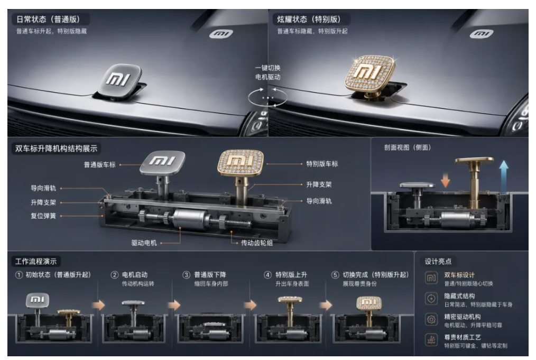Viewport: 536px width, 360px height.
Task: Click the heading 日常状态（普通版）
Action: pyautogui.click(x=48, y=19)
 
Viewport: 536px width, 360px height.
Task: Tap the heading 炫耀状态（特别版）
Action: pyautogui.click(x=309, y=19)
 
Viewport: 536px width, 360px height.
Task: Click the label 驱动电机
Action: pyautogui.click(x=144, y=243)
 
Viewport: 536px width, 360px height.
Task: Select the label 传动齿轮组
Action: pyautogui.click(x=257, y=243)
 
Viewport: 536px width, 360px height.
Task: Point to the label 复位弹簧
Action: pyautogui.click(x=43, y=216)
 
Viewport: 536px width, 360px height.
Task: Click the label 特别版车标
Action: pyautogui.click(x=322, y=164)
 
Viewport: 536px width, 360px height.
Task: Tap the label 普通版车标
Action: pyautogui.click(x=100, y=165)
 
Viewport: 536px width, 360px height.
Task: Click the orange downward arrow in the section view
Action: pyautogui.click(x=445, y=180)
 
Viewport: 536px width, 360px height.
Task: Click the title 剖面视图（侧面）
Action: pyautogui.click(x=408, y=147)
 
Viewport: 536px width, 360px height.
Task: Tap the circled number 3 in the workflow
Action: pyautogui.click(x=186, y=275)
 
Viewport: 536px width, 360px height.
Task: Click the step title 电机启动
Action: pyautogui.click(x=135, y=274)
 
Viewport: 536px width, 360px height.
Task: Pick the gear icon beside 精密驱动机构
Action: pyautogui.click(x=431, y=320)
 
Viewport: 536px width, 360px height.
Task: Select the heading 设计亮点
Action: pyautogui.click(x=438, y=262)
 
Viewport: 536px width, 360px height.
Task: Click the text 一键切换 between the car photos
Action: pyautogui.click(x=267, y=68)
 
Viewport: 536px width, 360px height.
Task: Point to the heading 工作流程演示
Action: pyautogui.click(x=36, y=262)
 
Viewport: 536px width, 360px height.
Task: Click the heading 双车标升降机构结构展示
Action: pyautogui.click(x=56, y=149)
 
